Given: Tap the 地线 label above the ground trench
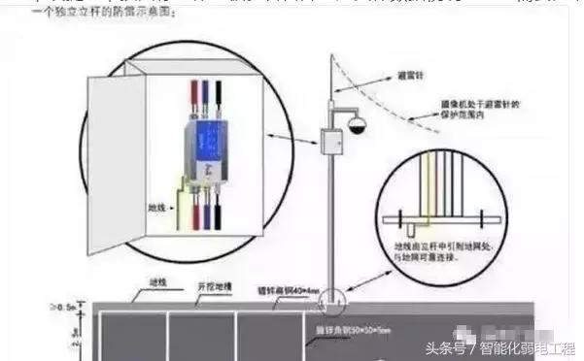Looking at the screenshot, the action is (x=158, y=282).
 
